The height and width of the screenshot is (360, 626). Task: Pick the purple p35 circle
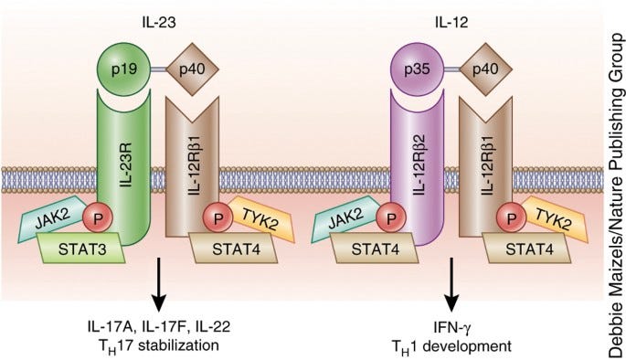[412, 68]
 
